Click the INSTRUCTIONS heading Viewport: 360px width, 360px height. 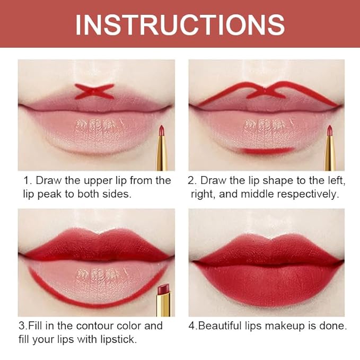click(x=180, y=24)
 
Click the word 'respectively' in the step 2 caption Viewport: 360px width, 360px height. click(x=308, y=194)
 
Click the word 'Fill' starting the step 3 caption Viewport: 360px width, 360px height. click(x=33, y=326)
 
